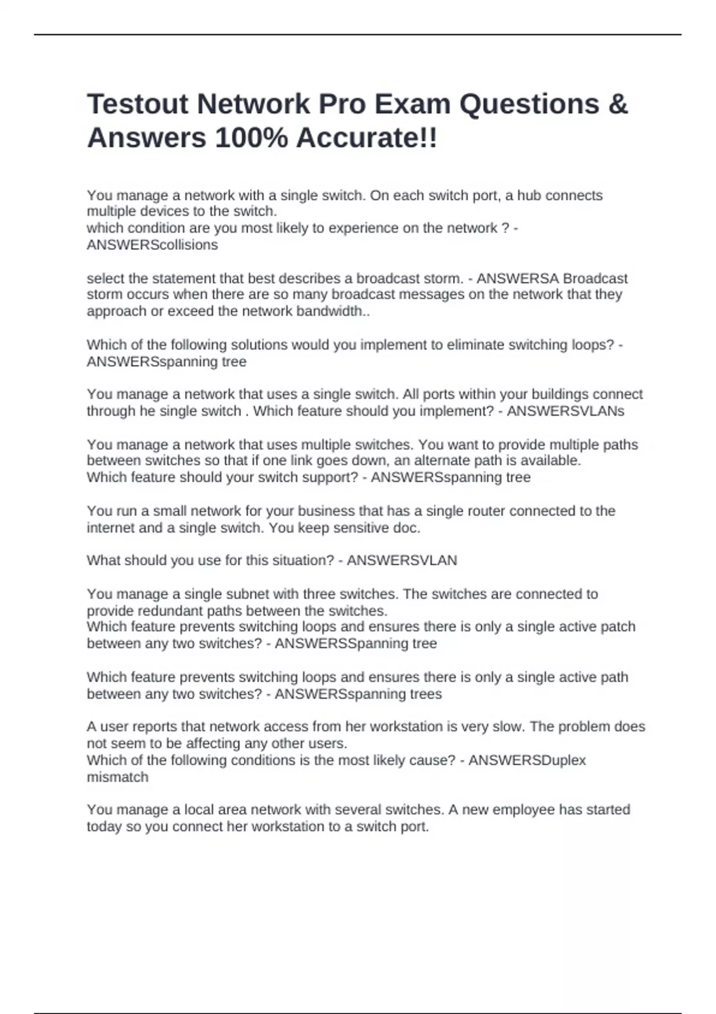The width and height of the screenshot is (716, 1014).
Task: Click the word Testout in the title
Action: [x=137, y=104]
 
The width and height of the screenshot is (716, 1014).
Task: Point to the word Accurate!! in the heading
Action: [x=367, y=138]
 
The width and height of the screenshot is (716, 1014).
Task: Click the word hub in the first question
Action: [x=529, y=196]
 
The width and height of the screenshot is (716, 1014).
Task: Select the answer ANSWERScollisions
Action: [x=152, y=245]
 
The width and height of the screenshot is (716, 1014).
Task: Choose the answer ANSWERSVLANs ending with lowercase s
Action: [x=565, y=411]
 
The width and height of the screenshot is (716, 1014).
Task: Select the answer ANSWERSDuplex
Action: [x=527, y=760]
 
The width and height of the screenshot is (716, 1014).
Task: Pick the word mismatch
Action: [x=118, y=777]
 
